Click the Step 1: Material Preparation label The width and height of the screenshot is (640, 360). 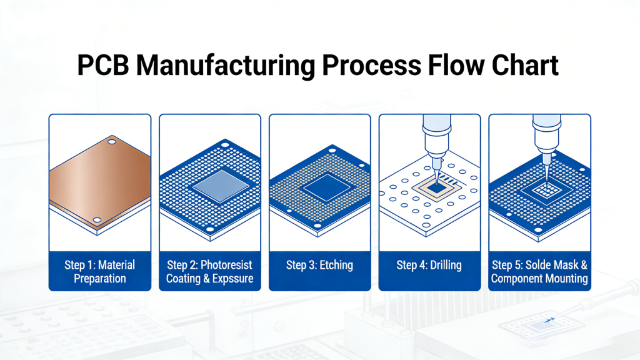(100, 272)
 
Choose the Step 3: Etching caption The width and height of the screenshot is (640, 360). (319, 265)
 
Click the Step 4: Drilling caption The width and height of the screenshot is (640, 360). (429, 265)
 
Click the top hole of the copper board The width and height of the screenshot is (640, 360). (112, 142)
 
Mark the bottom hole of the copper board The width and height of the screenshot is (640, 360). (97, 220)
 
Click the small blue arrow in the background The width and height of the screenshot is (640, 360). (549, 320)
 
